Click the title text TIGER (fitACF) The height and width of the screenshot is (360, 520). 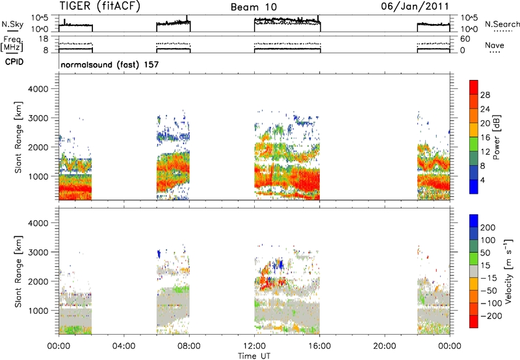click(100, 6)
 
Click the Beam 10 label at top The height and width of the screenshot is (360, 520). click(253, 7)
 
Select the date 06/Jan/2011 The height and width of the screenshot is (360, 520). click(415, 6)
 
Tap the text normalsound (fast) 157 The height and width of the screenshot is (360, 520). click(110, 64)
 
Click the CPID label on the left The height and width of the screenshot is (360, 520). click(14, 62)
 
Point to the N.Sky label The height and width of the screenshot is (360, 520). click(12, 25)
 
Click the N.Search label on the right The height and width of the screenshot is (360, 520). click(502, 24)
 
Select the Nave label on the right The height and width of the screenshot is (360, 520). click(495, 45)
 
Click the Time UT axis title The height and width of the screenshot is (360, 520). click(254, 356)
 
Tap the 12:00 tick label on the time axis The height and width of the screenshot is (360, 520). click(254, 346)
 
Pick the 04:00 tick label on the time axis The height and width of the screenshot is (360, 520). click(123, 346)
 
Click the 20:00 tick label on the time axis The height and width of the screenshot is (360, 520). click(385, 346)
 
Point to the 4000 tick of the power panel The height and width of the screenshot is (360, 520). click(38, 89)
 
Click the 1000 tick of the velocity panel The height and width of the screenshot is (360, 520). click(38, 311)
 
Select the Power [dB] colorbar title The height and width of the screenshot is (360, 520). click(496, 137)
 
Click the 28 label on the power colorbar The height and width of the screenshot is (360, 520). click(485, 95)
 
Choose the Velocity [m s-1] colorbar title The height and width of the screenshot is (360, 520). click(508, 271)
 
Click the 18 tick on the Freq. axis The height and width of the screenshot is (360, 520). click(44, 39)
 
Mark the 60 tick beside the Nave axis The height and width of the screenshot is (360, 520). click(465, 39)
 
